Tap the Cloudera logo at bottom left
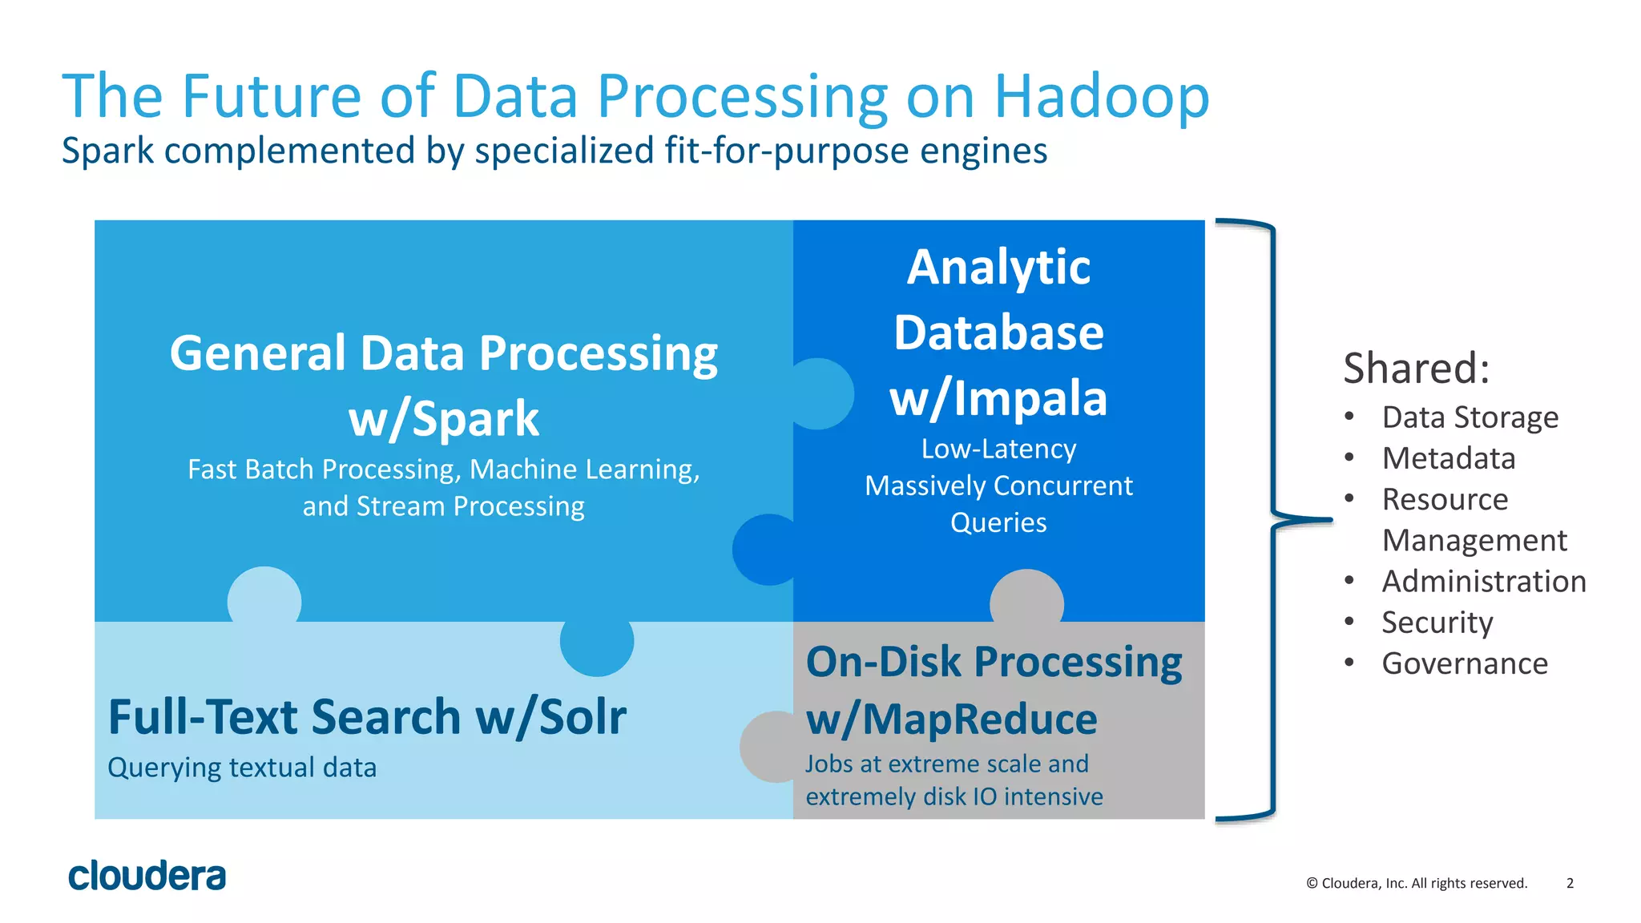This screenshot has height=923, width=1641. (x=147, y=876)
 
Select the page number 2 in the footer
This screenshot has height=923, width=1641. (x=1570, y=883)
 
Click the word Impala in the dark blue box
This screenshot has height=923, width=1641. (x=1030, y=398)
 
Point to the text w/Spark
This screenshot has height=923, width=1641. (x=443, y=419)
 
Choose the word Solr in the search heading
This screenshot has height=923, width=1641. (x=583, y=717)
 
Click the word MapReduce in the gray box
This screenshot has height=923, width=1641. (x=979, y=719)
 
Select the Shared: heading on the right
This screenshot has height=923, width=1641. (x=1416, y=369)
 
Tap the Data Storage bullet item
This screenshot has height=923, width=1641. (x=1470, y=417)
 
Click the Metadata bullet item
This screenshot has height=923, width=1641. (x=1448, y=458)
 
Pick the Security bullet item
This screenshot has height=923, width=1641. (x=1437, y=623)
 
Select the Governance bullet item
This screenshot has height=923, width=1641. (x=1464, y=663)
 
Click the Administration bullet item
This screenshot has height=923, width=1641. (x=1483, y=582)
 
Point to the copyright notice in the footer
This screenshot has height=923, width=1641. (x=1416, y=883)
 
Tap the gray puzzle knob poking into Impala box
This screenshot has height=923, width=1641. (x=1026, y=597)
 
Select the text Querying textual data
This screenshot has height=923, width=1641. (x=242, y=768)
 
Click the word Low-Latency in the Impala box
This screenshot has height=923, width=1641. (x=998, y=449)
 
